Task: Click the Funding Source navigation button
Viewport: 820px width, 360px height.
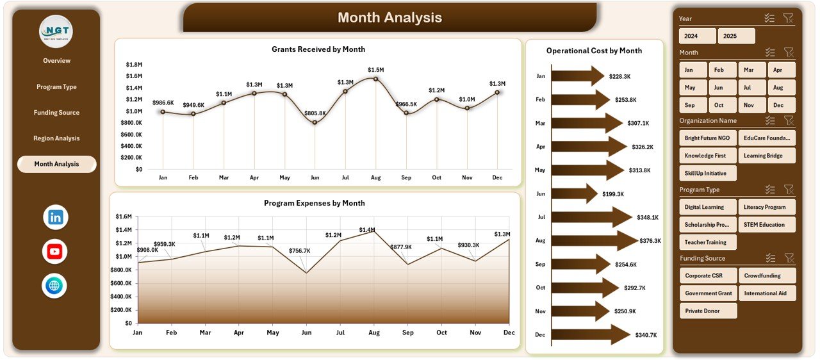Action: pyautogui.click(x=56, y=113)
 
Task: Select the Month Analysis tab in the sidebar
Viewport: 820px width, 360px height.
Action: pyautogui.click(x=56, y=164)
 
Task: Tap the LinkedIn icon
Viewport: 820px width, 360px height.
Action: pyautogui.click(x=55, y=217)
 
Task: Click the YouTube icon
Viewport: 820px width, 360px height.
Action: pyautogui.click(x=55, y=252)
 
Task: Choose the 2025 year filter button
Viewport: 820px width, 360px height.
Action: pyautogui.click(x=736, y=36)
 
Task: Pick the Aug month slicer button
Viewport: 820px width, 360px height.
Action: pyautogui.click(x=782, y=88)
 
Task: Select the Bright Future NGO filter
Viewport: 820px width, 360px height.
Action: pyautogui.click(x=707, y=138)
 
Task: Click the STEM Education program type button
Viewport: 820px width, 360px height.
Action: pyautogui.click(x=766, y=225)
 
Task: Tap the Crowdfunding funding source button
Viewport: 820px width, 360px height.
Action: pyautogui.click(x=766, y=275)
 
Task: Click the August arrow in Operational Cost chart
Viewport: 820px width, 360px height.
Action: pyautogui.click(x=593, y=241)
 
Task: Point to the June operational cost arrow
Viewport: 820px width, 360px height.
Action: pyautogui.click(x=574, y=193)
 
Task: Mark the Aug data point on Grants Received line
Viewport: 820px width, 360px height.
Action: pyautogui.click(x=375, y=79)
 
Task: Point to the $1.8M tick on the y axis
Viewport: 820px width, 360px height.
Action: pyautogui.click(x=134, y=65)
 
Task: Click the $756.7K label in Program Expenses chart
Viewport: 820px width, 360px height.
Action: pyautogui.click(x=299, y=250)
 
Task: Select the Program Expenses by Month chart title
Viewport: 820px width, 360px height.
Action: pyautogui.click(x=314, y=203)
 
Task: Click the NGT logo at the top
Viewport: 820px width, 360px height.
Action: pyautogui.click(x=56, y=31)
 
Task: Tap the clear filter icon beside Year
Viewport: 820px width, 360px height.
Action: pyautogui.click(x=789, y=19)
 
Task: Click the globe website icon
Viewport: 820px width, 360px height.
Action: pyautogui.click(x=55, y=286)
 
